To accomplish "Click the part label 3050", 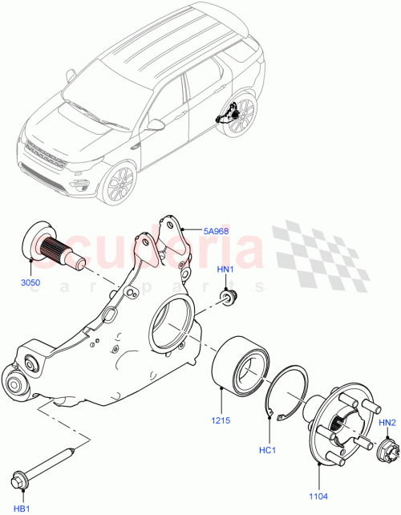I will [x=29, y=283].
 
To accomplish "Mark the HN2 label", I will [x=387, y=422].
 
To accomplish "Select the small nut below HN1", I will [x=229, y=299].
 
